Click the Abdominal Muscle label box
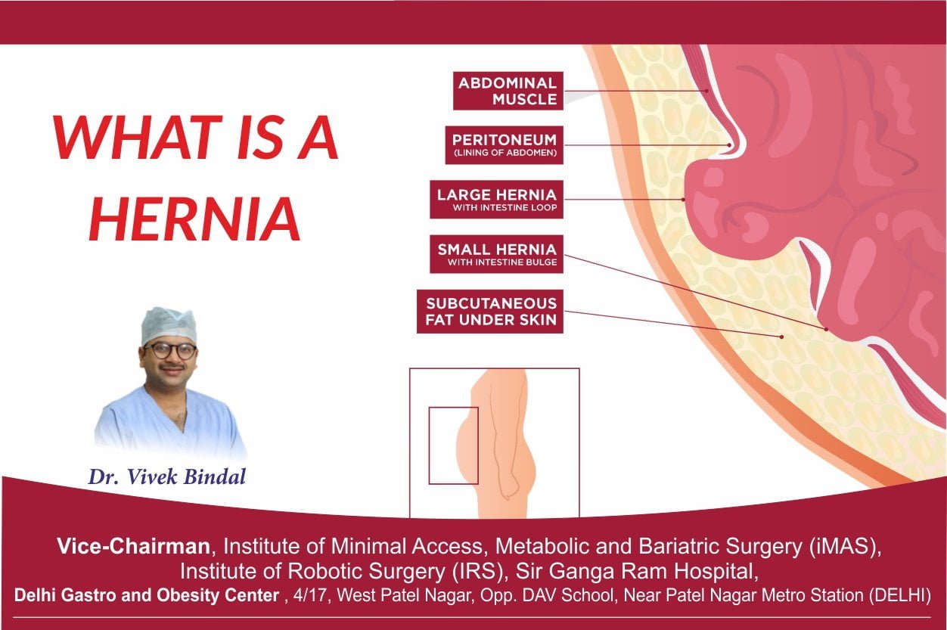point(508,91)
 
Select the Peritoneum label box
point(504,145)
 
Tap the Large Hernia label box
point(496,200)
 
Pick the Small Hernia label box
point(496,254)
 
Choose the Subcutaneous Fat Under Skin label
point(490,312)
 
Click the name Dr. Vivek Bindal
point(166,477)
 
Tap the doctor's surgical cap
point(169,324)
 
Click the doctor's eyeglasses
point(170,351)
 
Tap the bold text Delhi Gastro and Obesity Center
point(147,595)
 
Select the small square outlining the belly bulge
point(453,445)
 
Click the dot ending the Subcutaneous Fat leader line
point(781,334)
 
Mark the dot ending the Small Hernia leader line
point(826,330)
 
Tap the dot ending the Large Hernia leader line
point(683,200)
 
